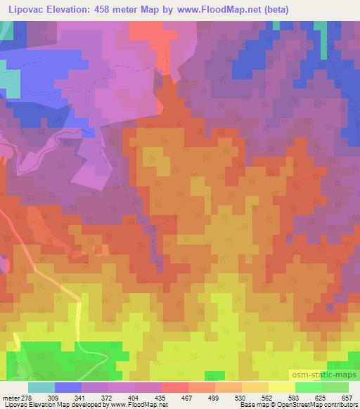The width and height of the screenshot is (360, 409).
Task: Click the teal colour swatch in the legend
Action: pos(41,387)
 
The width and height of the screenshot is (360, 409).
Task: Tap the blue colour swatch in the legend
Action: pos(68,387)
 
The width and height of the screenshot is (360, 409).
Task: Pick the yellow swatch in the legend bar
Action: pos(282,387)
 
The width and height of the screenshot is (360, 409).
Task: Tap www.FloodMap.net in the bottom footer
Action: pos(133,405)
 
